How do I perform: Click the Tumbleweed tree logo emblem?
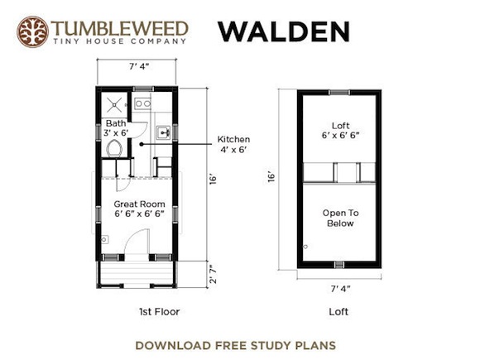click(x=32, y=31)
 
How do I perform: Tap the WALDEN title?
click(x=284, y=31)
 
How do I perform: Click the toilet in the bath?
click(x=114, y=148)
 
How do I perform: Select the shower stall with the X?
click(x=114, y=105)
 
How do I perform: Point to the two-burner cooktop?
click(x=142, y=103)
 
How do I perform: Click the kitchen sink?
click(x=163, y=132)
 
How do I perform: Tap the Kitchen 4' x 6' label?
click(x=233, y=144)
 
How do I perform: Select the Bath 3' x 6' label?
click(x=116, y=128)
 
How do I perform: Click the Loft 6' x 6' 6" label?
click(x=340, y=130)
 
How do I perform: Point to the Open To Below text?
click(x=340, y=218)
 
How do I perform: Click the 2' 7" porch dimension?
click(x=213, y=274)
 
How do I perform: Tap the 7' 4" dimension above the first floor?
click(x=139, y=66)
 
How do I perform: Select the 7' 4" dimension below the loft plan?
click(x=340, y=289)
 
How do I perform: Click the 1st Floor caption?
click(x=159, y=312)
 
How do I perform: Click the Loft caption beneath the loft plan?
click(x=338, y=312)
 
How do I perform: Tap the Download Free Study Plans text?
click(x=235, y=345)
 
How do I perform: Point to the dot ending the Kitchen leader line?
click(x=142, y=144)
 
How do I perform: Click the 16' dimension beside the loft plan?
click(x=271, y=177)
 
